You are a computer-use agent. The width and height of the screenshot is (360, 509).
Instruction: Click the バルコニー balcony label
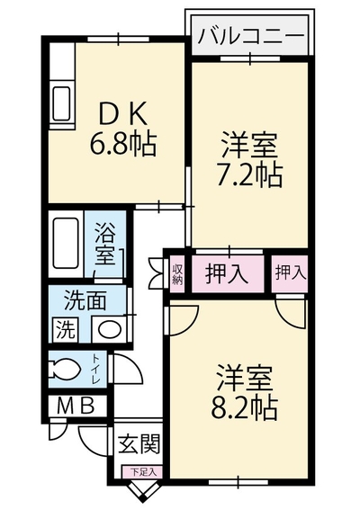point(251,35)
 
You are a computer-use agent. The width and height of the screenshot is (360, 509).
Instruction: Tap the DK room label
point(123,113)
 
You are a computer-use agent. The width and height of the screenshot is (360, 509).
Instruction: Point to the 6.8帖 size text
point(123,144)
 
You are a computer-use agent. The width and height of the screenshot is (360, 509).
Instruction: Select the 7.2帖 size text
point(249,174)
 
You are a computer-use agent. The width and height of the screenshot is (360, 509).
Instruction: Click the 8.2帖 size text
point(244,407)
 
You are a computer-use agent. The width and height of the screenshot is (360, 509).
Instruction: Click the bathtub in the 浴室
point(66,243)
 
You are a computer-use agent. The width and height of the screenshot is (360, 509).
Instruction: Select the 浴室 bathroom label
point(105,244)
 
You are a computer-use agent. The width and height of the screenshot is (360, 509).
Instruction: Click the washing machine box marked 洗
point(66,329)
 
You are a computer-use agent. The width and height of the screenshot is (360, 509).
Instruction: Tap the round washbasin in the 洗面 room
point(110,329)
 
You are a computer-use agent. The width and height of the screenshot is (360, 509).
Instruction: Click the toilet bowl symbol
point(64,368)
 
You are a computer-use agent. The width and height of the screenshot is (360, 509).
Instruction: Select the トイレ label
point(96,370)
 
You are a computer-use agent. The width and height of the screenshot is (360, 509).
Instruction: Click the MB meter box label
point(76,405)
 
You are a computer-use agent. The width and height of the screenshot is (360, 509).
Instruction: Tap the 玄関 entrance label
point(139,443)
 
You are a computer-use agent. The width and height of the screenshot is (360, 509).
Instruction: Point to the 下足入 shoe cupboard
point(142,471)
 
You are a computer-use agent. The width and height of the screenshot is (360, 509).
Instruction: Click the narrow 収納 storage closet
point(177,273)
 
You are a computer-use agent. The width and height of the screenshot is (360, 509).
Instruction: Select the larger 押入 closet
point(227,273)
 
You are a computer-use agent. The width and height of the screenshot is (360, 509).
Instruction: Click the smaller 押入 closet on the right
point(290,273)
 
